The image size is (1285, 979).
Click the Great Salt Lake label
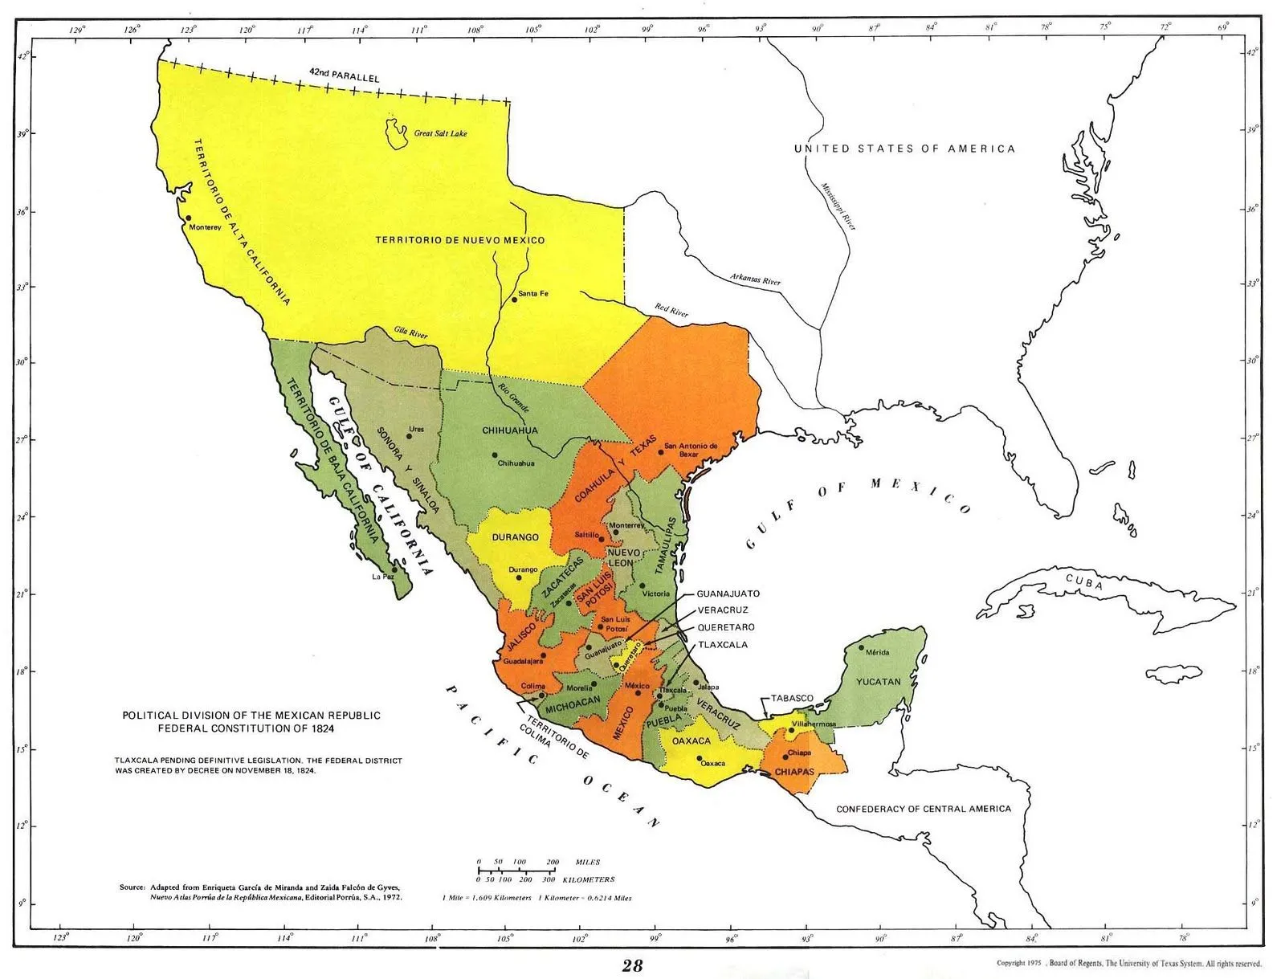[x=440, y=133]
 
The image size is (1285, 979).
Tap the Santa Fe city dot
[x=514, y=300]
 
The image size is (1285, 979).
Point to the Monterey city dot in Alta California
[x=188, y=218]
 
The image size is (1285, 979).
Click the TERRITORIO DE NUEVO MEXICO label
[x=460, y=240]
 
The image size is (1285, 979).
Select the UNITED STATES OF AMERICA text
[x=904, y=149]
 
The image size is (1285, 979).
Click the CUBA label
[x=1084, y=583]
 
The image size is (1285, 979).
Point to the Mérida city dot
[x=862, y=647]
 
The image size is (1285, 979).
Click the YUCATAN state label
[x=878, y=681]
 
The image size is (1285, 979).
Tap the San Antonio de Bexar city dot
[x=661, y=452]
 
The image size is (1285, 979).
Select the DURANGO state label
[x=515, y=537]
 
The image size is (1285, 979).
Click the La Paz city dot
[x=394, y=569]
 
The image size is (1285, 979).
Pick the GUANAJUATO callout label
[x=727, y=594]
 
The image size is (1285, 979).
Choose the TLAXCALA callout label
[x=722, y=645]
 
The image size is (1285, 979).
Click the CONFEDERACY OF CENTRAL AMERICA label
[x=924, y=809]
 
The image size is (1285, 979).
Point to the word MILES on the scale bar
[x=588, y=862]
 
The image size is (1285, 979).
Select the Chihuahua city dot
[x=495, y=455]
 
